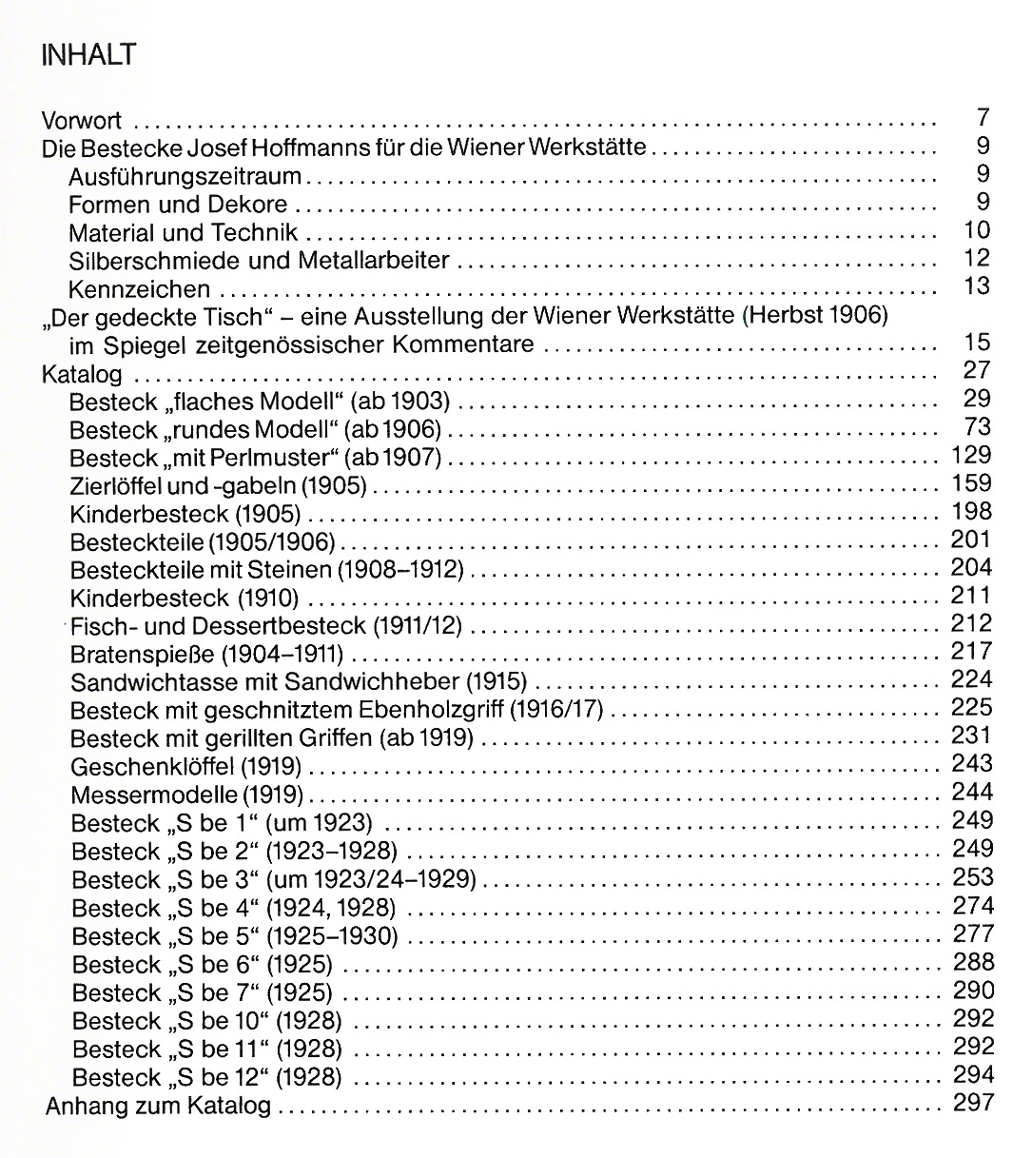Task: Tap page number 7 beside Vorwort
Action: (983, 119)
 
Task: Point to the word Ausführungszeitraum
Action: (185, 177)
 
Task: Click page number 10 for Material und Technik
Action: (977, 230)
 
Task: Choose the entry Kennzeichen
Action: (140, 288)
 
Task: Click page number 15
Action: (977, 343)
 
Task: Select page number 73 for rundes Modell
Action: (978, 426)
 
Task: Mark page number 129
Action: (971, 455)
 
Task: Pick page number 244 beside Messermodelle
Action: (972, 793)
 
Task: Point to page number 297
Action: (972, 1104)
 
